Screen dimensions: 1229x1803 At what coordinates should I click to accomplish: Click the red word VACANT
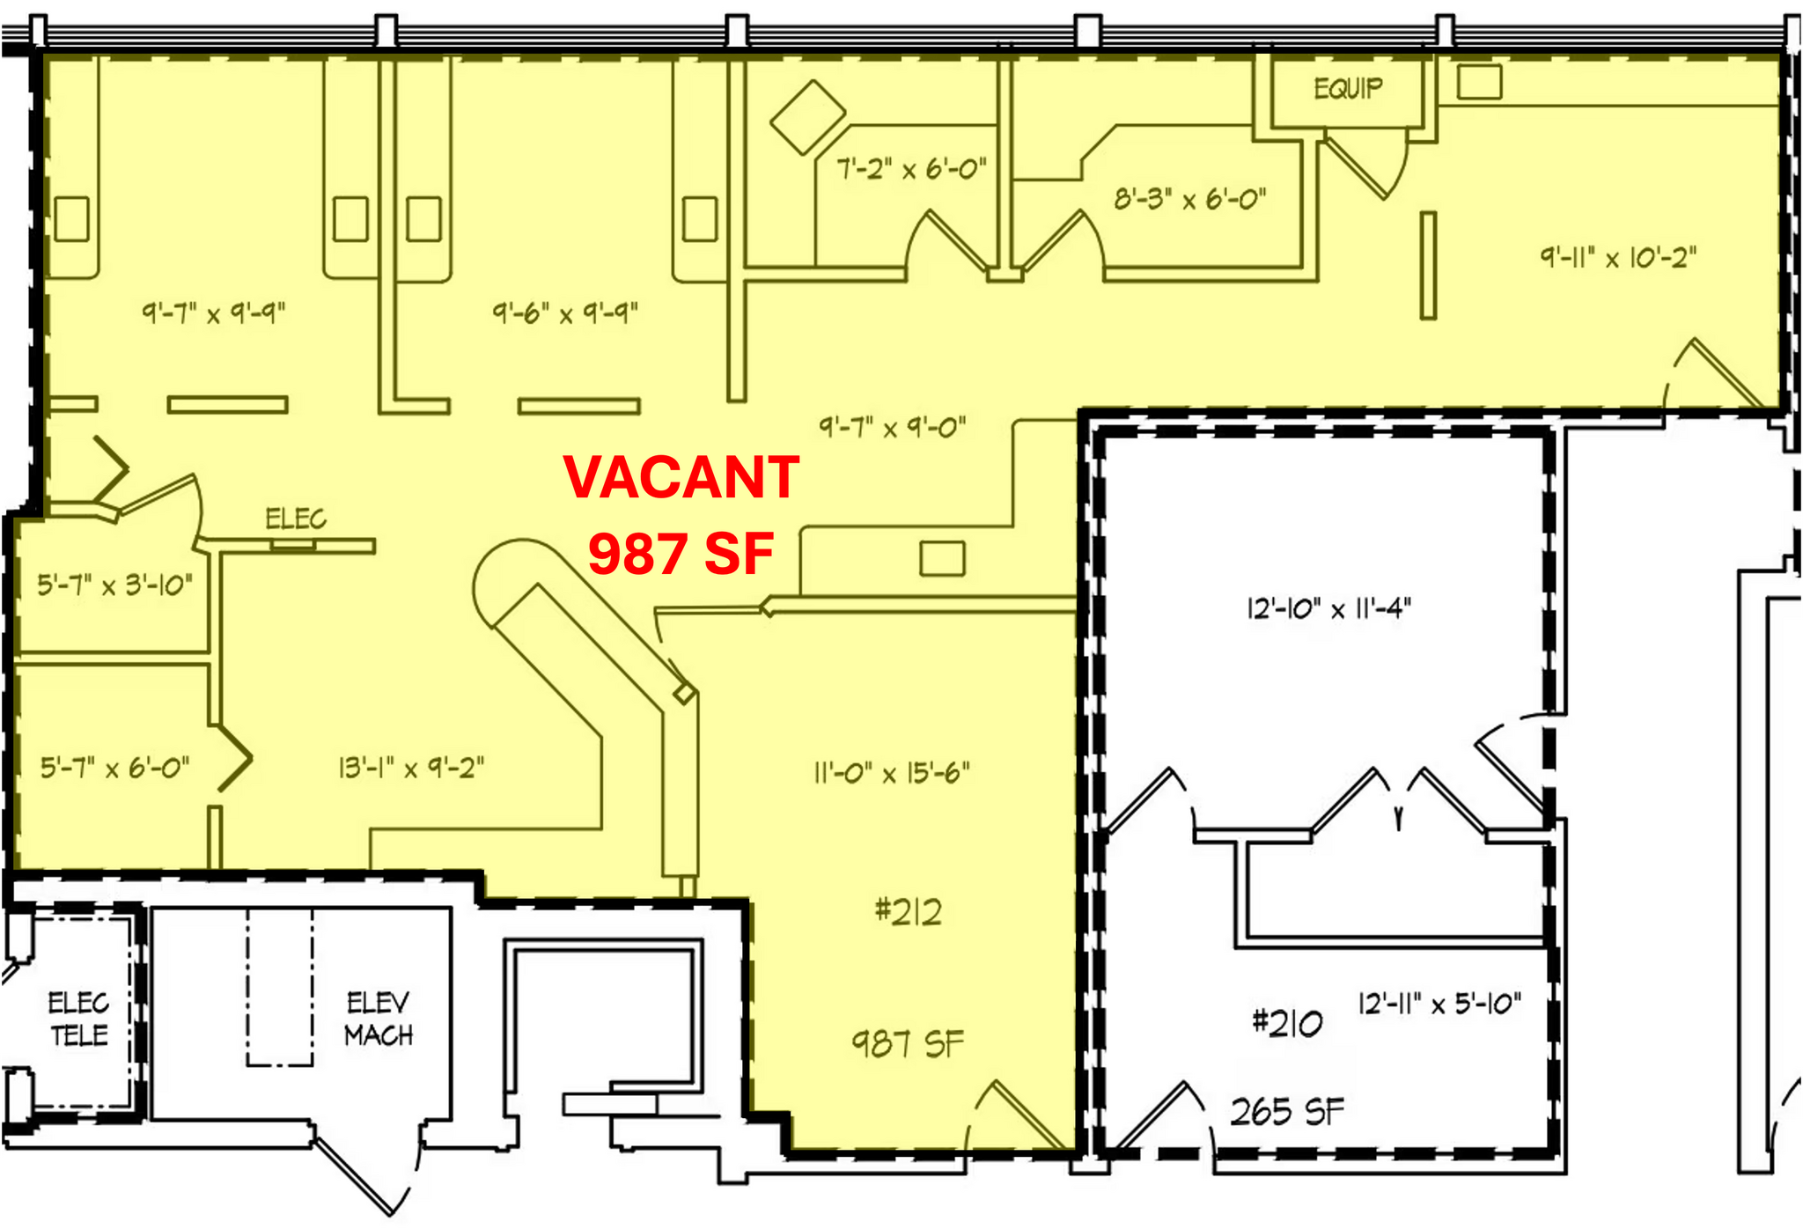click(681, 477)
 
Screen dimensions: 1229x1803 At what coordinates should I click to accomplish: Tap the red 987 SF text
click(681, 554)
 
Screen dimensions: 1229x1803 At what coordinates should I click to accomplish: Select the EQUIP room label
click(1348, 89)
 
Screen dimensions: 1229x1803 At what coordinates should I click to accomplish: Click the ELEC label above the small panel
click(296, 519)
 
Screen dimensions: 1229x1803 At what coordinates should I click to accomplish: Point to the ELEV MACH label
click(379, 1019)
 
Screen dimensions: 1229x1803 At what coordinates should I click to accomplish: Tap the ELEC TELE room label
click(78, 1019)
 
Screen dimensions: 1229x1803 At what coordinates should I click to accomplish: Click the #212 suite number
click(909, 911)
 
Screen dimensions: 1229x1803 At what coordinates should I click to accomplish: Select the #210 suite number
click(1286, 1022)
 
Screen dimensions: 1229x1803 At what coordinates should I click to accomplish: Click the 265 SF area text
click(1287, 1112)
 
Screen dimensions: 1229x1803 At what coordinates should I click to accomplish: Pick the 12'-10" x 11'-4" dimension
click(1328, 608)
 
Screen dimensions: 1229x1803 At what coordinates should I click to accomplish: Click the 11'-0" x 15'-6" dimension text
click(892, 773)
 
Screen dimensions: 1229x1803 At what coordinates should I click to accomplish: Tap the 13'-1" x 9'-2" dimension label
click(411, 768)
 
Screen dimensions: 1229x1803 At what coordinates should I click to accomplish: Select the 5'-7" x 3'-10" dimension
click(114, 585)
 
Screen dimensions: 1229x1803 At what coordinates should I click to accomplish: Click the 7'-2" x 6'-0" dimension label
click(911, 168)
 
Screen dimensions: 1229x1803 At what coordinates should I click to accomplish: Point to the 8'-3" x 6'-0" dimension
click(1190, 199)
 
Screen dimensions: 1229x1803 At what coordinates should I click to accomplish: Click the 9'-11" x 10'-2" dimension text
click(1618, 257)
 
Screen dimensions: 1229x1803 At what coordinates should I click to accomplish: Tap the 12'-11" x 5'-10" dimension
click(1439, 1004)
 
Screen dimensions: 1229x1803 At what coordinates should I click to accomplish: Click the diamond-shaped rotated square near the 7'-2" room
click(807, 117)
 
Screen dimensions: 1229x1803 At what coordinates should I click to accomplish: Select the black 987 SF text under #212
click(908, 1044)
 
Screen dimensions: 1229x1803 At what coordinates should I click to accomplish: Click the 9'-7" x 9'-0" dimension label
click(893, 428)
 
